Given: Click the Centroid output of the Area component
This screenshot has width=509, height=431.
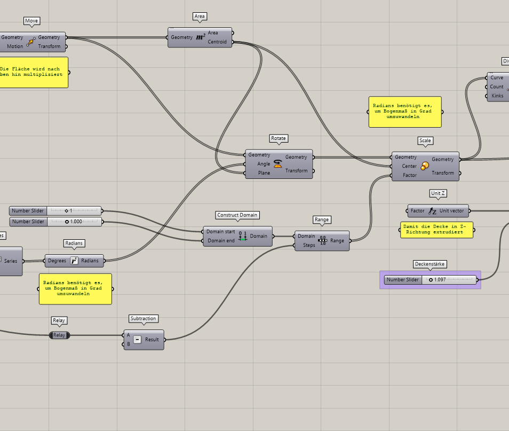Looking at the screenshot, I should pyautogui.click(x=217, y=42).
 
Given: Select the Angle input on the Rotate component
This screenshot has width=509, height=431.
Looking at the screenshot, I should pyautogui.click(x=264, y=164).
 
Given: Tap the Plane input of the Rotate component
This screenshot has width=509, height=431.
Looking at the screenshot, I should pyautogui.click(x=264, y=173).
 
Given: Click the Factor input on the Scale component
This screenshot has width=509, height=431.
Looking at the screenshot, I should pyautogui.click(x=410, y=175).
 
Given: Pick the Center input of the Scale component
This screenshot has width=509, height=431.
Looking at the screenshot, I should pyautogui.click(x=409, y=166).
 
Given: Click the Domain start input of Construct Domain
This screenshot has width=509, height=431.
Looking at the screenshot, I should pyautogui.click(x=221, y=232).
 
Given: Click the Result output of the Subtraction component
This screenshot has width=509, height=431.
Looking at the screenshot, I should pyautogui.click(x=152, y=339).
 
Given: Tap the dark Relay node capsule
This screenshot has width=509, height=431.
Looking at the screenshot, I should pyautogui.click(x=59, y=335).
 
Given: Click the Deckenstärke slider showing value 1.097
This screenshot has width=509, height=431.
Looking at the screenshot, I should pyautogui.click(x=448, y=280).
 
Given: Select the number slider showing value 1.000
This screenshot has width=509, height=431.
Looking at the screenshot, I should pyautogui.click(x=74, y=221).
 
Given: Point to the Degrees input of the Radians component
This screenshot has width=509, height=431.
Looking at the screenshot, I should pyautogui.click(x=57, y=261).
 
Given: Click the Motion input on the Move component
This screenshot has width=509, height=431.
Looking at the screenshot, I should pyautogui.click(x=15, y=46).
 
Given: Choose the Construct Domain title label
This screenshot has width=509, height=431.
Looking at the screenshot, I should pyautogui.click(x=237, y=215).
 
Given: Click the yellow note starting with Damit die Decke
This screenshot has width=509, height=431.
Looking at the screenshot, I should pyautogui.click(x=436, y=230).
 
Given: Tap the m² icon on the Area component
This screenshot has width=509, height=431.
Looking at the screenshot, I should pyautogui.click(x=200, y=37).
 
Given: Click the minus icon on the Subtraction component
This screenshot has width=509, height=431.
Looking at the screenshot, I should pyautogui.click(x=137, y=340).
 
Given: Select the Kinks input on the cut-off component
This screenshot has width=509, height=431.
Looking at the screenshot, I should pyautogui.click(x=497, y=96).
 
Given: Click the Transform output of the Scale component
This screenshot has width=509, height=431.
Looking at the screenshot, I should pyautogui.click(x=443, y=173).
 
